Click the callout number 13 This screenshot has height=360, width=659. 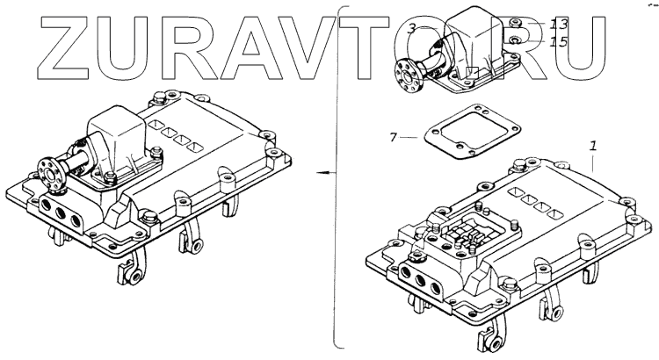(560, 24)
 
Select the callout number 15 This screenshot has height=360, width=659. (560, 41)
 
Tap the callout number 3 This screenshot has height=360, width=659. (411, 28)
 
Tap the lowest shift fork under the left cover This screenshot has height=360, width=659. (134, 277)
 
